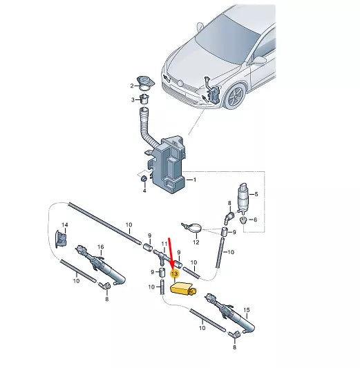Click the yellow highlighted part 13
click(182, 289)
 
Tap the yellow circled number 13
click(175, 273)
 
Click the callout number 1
click(194, 180)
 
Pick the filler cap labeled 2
click(145, 82)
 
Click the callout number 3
click(133, 100)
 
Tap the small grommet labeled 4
click(144, 179)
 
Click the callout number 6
click(255, 220)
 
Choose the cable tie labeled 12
click(192, 227)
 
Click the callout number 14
click(65, 225)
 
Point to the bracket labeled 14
click(60, 239)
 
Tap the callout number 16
click(100, 247)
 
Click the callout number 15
click(247, 310)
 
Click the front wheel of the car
click(235, 95)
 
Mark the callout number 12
click(196, 242)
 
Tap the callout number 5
click(256, 194)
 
